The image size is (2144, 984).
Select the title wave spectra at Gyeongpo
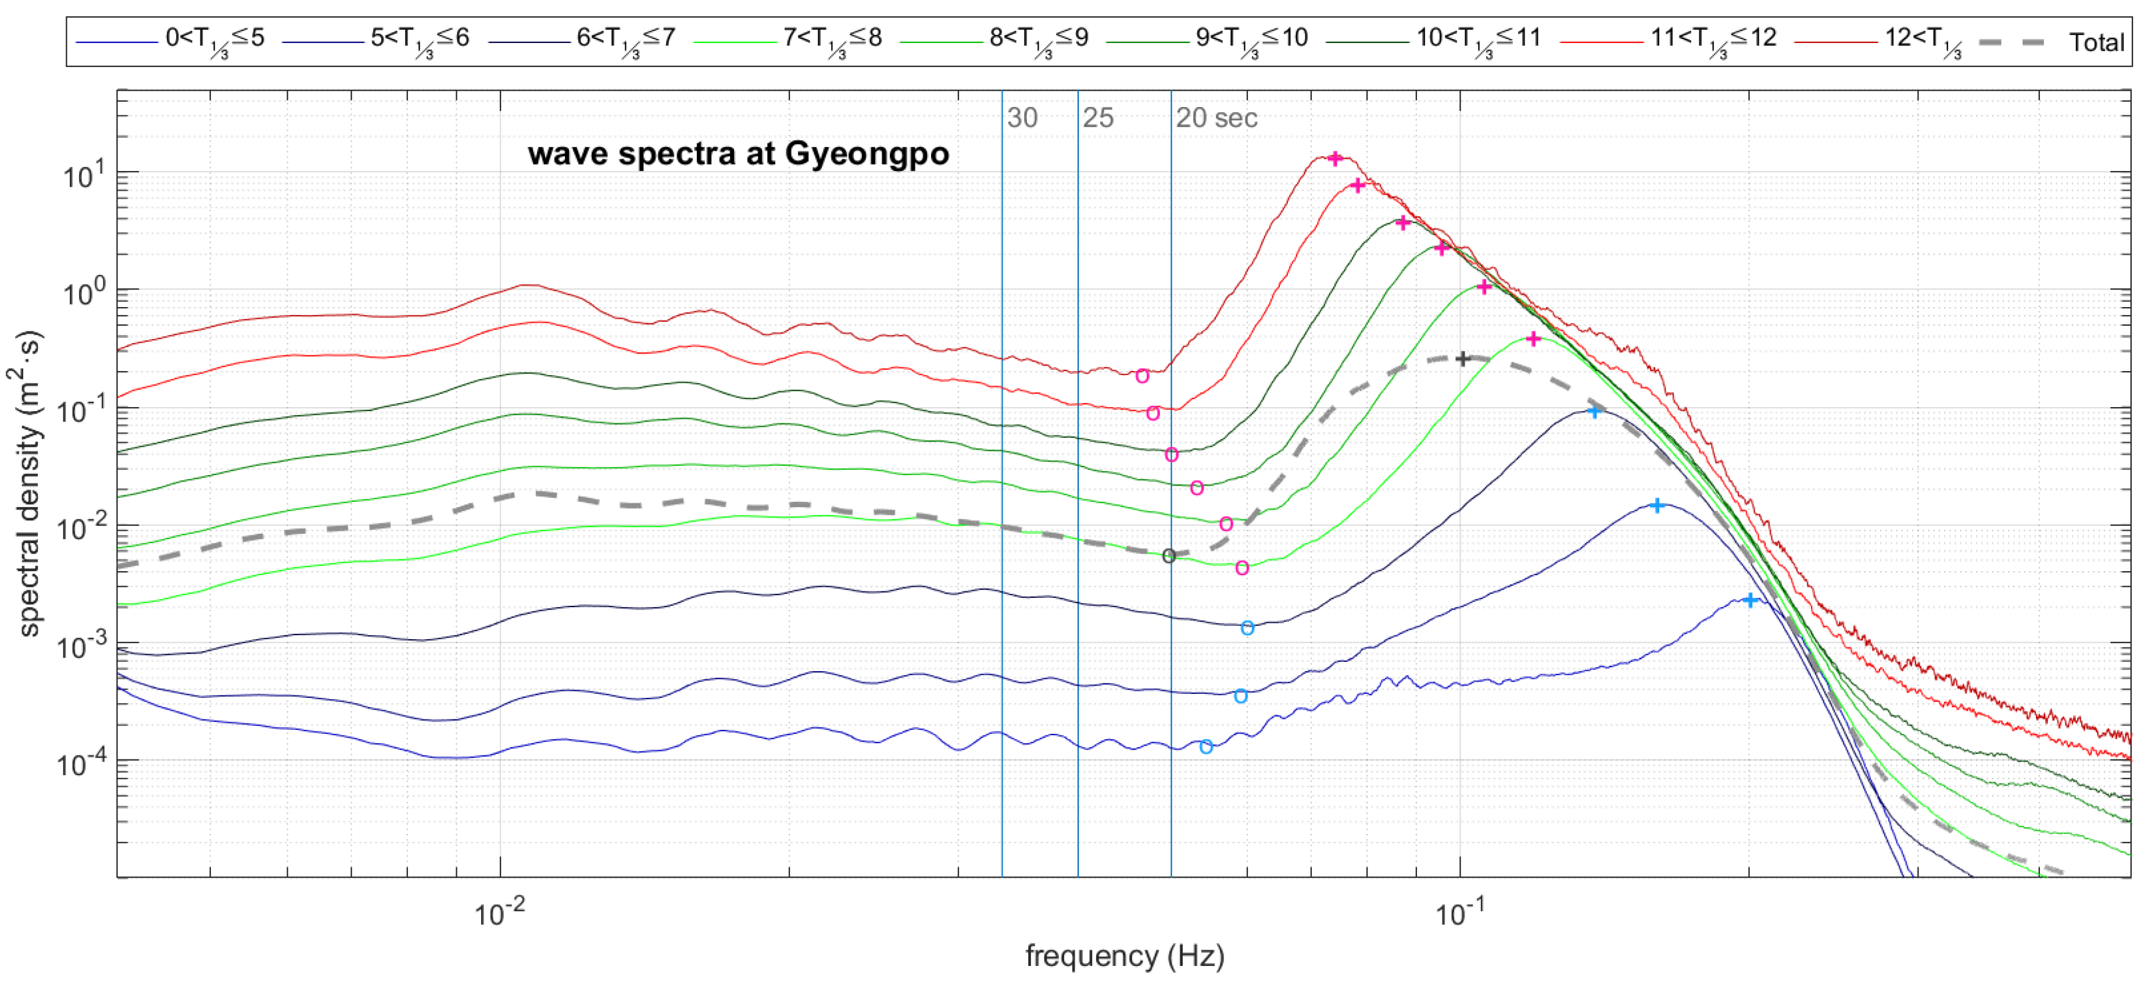coord(738,154)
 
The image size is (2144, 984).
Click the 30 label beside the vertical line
coord(1022,118)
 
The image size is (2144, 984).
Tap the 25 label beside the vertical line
coord(1098,118)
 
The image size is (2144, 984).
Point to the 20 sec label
coord(1216,118)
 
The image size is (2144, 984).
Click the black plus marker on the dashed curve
coord(1462,359)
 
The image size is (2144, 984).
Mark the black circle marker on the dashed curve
coord(1169,556)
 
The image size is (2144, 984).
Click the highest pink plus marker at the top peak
coord(1335,158)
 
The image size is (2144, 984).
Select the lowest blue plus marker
coord(1751,600)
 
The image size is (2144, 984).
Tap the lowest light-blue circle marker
coord(1205,747)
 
